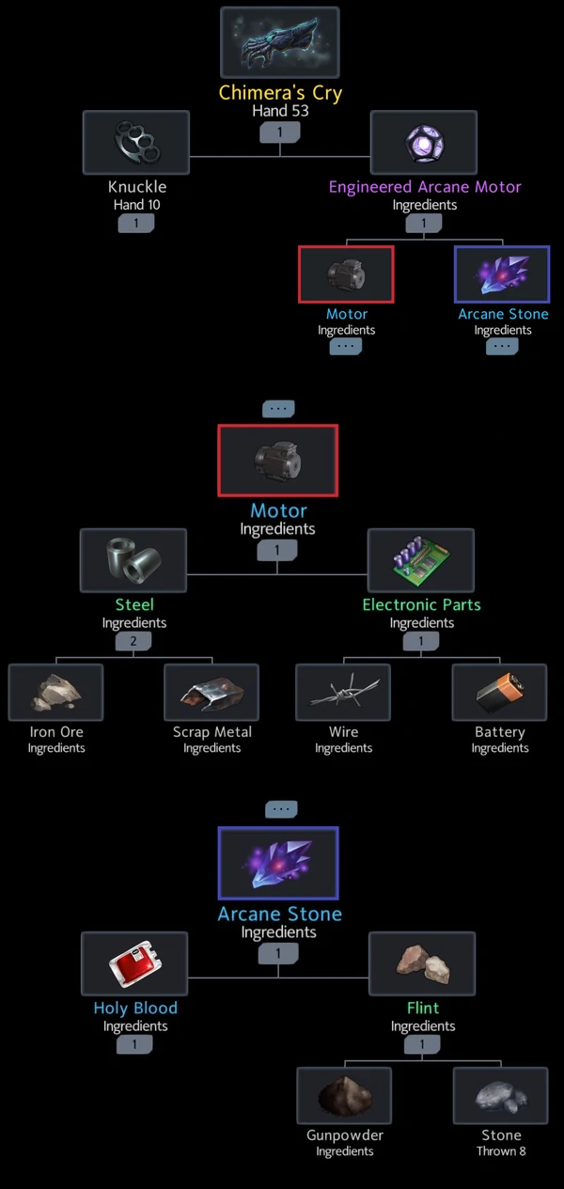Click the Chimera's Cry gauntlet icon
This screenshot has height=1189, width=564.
click(280, 42)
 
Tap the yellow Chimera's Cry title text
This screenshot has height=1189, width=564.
click(280, 93)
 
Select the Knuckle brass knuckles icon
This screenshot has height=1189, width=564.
click(136, 142)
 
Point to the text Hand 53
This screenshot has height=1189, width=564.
click(280, 111)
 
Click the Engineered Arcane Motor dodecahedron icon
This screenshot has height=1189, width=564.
click(424, 142)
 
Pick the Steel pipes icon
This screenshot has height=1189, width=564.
click(133, 560)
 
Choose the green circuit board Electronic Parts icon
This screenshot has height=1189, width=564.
click(421, 560)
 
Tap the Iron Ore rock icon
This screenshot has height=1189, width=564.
click(56, 692)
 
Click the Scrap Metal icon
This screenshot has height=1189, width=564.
click(211, 692)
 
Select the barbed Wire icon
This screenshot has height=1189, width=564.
click(343, 692)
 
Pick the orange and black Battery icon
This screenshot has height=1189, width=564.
click(500, 692)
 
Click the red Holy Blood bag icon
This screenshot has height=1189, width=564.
click(135, 963)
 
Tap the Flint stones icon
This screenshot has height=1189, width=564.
click(422, 963)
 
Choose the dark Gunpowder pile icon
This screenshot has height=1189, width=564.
click(345, 1096)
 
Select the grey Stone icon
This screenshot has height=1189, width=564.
click(501, 1096)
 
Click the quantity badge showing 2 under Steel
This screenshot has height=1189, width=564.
click(133, 641)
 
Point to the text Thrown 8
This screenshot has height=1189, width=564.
click(501, 1151)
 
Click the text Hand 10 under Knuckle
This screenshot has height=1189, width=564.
click(137, 205)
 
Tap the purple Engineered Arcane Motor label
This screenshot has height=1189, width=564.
click(425, 187)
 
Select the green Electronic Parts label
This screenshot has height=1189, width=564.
click(422, 605)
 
